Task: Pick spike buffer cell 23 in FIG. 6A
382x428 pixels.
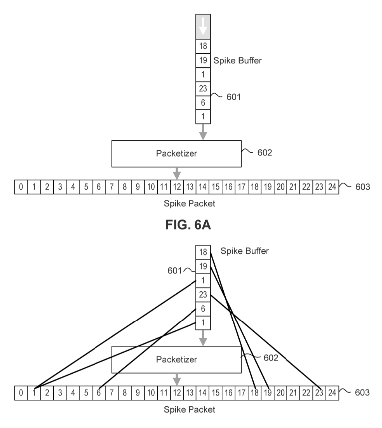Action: (203, 89)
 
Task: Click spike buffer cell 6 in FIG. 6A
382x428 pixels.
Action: (203, 103)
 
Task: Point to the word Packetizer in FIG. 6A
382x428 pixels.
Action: (177, 153)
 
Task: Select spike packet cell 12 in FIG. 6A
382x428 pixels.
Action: (177, 187)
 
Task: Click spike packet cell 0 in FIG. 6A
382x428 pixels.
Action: (21, 187)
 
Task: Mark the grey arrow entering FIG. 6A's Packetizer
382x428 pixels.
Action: (203, 132)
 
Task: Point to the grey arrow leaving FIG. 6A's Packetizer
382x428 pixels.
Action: (177, 173)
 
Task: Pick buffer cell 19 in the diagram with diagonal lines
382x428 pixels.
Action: (203, 266)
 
